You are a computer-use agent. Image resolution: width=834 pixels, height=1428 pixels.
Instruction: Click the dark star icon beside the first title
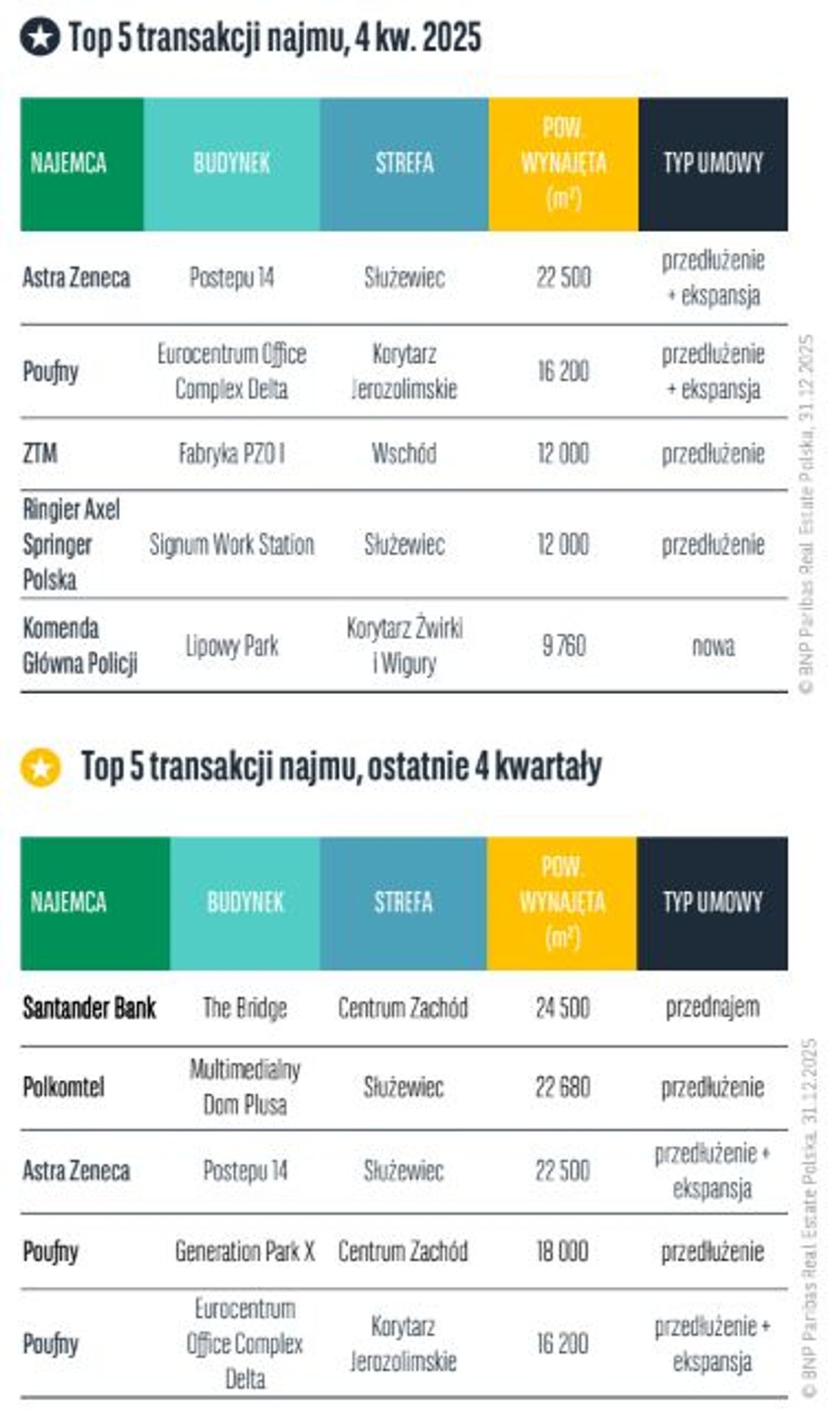[40, 38]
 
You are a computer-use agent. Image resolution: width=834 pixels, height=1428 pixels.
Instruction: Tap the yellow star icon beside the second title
[40, 767]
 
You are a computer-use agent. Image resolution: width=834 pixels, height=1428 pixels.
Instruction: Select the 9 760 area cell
[564, 646]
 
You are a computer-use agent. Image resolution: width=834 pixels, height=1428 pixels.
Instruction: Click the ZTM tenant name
[40, 454]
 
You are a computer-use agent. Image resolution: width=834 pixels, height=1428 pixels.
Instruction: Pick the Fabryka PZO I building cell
[231, 454]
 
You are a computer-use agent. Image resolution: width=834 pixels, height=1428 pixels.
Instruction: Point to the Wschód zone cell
[404, 454]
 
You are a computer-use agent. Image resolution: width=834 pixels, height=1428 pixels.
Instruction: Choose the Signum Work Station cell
[231, 544]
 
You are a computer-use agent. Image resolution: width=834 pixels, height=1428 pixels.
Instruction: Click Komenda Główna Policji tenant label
[79, 646]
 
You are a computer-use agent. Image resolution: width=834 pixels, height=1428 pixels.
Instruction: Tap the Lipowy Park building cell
[231, 646]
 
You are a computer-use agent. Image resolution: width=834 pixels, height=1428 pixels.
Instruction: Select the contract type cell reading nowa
[713, 646]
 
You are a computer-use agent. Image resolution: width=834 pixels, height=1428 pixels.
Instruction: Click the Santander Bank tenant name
[89, 1008]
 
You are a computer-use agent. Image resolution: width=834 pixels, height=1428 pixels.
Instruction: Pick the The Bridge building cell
[245, 1008]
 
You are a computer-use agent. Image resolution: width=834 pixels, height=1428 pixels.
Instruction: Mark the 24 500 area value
[562, 1008]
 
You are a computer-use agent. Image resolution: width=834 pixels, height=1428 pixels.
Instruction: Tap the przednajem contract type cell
[712, 1008]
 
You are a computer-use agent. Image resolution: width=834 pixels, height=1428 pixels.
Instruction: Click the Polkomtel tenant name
[63, 1087]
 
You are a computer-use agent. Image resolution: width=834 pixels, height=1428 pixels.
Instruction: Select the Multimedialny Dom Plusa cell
[245, 1087]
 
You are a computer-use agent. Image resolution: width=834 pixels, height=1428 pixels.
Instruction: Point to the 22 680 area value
[562, 1087]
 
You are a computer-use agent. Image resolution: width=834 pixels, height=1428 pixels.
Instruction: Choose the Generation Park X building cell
[245, 1251]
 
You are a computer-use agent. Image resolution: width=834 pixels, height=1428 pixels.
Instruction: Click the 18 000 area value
[562, 1251]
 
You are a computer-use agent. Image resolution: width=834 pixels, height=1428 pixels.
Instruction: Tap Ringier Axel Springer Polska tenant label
[71, 544]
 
